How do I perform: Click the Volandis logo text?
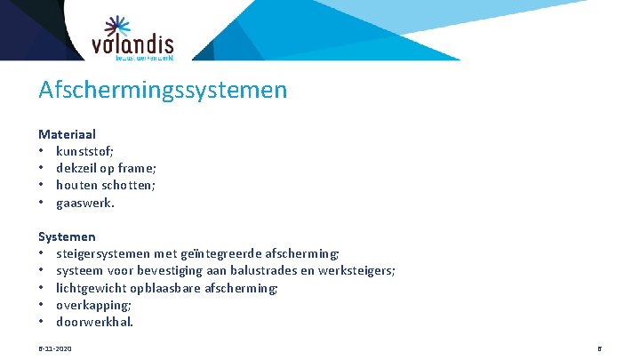point(132,44)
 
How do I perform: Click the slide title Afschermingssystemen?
point(163,90)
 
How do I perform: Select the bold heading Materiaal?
point(67,134)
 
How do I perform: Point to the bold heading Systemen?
point(67,237)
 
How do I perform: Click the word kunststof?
point(84,151)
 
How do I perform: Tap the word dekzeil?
point(77,168)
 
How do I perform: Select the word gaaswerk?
point(85,203)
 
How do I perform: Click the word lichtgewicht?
point(91,288)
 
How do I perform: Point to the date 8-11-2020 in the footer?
point(55,348)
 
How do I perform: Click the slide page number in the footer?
point(599,348)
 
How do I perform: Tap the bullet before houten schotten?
point(42,185)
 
